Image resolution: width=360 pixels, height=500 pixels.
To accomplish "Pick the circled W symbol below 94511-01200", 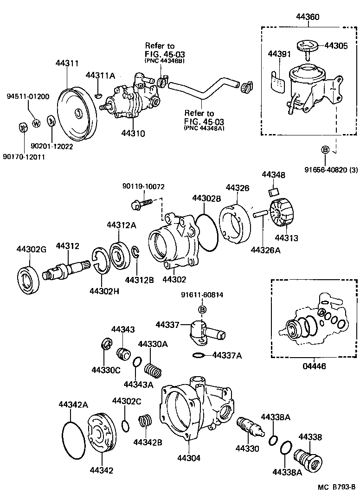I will point(37,123).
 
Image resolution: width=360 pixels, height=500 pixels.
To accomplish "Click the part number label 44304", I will point(188,458).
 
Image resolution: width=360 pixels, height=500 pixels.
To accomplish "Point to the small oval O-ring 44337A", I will point(198,355).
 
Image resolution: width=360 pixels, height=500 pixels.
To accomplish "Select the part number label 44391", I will point(279,54).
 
